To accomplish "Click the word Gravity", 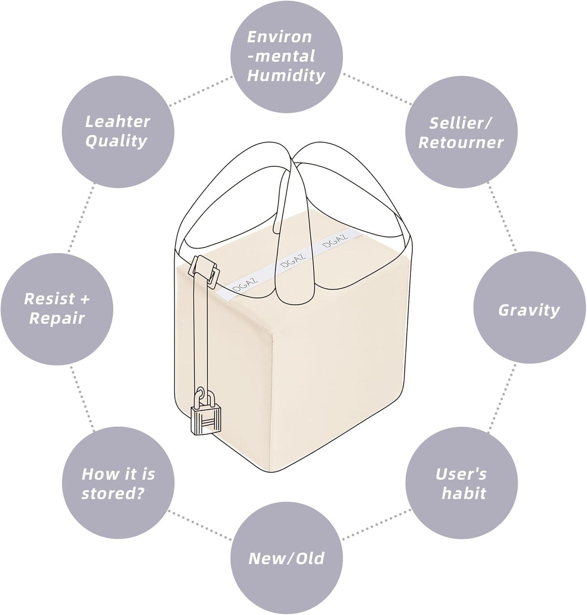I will (529, 310).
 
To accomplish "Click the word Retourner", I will (461, 142).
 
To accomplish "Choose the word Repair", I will (57, 318).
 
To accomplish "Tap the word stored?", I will (113, 493).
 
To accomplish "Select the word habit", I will (464, 493).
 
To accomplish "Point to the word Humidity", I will (286, 75).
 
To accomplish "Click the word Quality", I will (116, 141).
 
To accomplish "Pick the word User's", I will (461, 474).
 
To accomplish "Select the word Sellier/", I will (461, 123).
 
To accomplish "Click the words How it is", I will (118, 474).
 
